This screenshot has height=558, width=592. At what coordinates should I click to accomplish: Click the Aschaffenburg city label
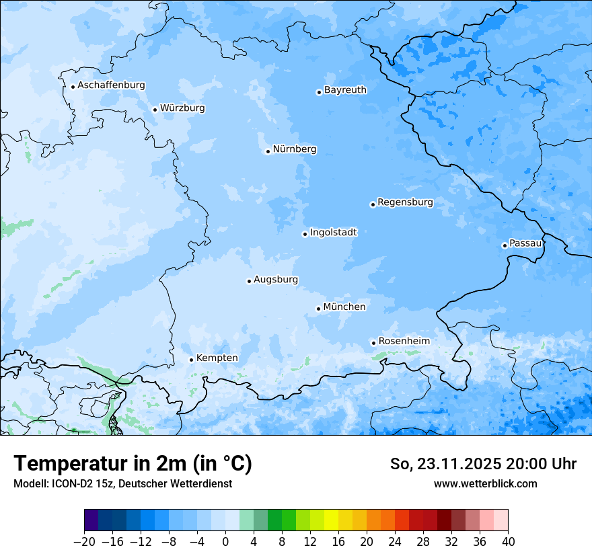pos(111,85)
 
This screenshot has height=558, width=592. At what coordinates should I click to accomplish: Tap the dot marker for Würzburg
pos(155,110)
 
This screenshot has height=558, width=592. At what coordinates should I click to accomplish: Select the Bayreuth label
pos(345,90)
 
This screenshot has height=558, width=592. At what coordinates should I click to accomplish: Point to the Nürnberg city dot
pos(268,151)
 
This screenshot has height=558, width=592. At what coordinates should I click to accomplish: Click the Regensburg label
pos(405,202)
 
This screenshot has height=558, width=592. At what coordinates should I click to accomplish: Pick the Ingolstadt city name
pos(333,233)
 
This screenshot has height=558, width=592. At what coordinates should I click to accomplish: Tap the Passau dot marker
pos(505,245)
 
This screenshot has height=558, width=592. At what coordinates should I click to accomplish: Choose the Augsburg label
pos(276,280)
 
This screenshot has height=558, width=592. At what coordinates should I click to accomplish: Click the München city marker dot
pos(318,309)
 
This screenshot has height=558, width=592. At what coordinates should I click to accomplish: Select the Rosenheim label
pos(404,342)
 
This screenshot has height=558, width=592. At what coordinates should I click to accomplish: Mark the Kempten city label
pos(217,358)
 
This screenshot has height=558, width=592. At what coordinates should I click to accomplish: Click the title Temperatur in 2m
pos(133,463)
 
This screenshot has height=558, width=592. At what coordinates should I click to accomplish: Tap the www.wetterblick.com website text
pos(485,483)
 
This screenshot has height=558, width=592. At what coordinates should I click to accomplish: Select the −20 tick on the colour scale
pos(84,542)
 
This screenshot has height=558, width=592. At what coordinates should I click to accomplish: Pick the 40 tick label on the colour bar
pos(508,542)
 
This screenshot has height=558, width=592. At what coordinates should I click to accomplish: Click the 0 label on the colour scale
pos(225,542)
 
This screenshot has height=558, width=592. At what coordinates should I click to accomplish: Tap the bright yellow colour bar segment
pos(331,520)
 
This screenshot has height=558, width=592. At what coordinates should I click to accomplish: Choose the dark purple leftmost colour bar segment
pos(91,520)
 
